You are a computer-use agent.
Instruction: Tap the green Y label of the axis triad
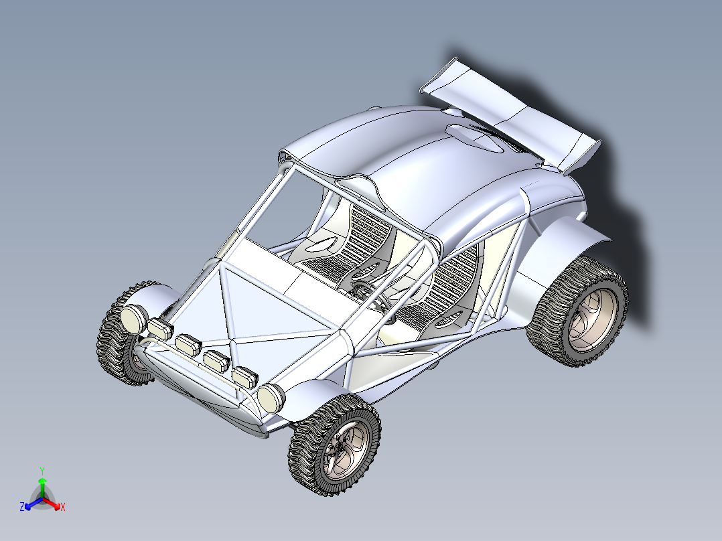tap(42, 471)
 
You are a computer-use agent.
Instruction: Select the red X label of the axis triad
tap(62, 507)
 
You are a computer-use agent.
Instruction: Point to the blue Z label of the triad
tap(22, 507)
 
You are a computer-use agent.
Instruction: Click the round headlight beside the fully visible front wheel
tap(271, 398)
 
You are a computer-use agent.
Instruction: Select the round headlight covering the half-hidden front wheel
tap(134, 319)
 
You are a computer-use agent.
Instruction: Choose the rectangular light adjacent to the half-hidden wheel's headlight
tap(161, 329)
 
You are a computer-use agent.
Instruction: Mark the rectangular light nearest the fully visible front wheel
tap(244, 377)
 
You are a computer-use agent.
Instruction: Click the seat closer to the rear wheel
tap(452, 288)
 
